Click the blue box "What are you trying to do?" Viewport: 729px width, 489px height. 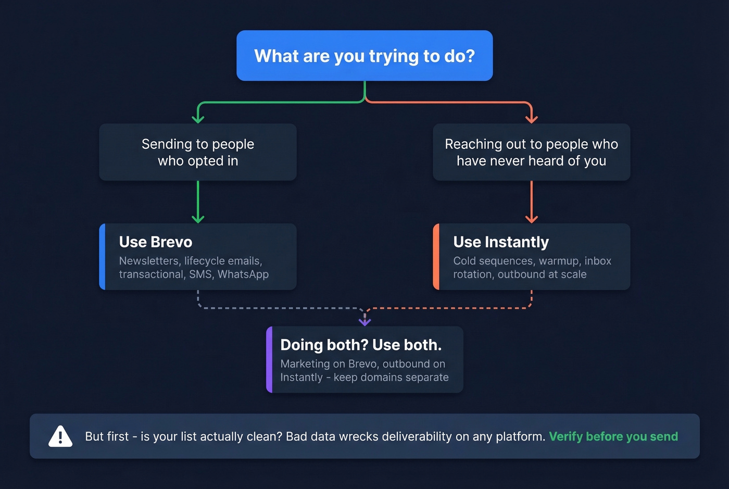364,56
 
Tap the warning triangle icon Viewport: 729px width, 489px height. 60,436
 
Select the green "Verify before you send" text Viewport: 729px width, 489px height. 613,436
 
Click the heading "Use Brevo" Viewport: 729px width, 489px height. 155,242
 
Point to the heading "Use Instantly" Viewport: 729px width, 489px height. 500,242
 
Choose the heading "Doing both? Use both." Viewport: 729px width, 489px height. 360,345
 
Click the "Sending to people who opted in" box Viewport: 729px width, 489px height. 198,152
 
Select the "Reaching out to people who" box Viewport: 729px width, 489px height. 531,152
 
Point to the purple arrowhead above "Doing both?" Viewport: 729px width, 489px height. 364,322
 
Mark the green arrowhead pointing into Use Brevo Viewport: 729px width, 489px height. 198,219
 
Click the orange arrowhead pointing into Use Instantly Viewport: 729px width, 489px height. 531,219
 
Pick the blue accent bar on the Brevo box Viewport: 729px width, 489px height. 103,257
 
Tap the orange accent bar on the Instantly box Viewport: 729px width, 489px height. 436,257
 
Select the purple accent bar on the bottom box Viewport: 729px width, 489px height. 269,359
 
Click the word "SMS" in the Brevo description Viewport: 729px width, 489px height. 200,274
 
